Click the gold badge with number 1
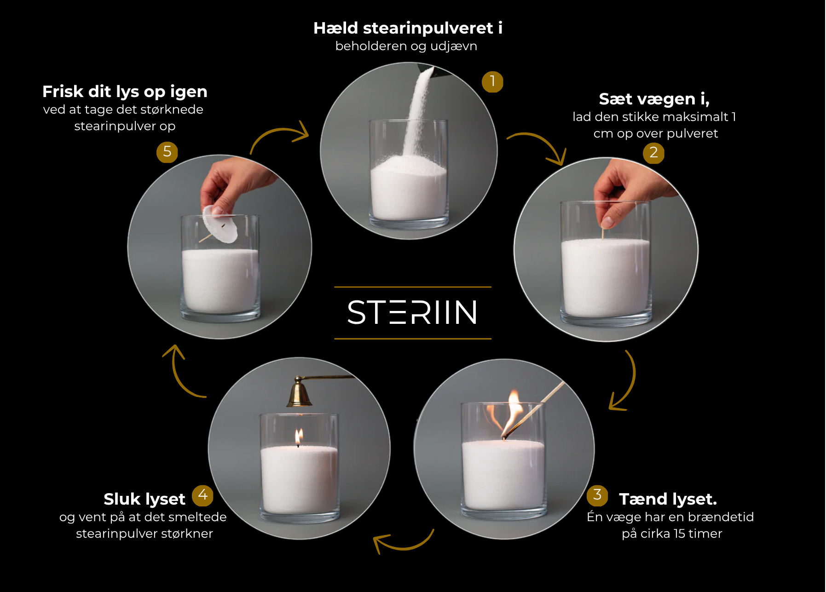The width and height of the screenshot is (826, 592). tap(492, 82)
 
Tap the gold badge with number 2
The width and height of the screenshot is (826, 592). tap(653, 153)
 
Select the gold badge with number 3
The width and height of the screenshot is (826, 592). tap(597, 495)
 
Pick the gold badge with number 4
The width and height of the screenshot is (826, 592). tap(202, 495)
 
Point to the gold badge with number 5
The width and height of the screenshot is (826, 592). tap(167, 152)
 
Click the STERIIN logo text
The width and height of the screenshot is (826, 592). tap(412, 313)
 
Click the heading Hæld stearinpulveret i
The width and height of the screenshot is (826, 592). tap(408, 28)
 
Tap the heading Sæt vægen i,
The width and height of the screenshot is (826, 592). tap(654, 99)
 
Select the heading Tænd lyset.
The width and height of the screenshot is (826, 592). tap(668, 499)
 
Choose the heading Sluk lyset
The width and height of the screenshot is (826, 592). tap(144, 499)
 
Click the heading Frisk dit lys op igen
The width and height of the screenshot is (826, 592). tap(125, 92)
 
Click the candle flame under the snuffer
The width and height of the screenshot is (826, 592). tap(299, 436)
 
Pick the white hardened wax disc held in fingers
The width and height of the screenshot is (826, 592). tap(219, 224)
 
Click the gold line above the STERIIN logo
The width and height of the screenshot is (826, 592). tap(413, 287)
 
